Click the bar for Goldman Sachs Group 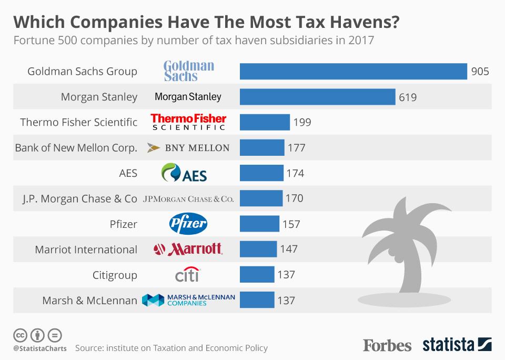click(353, 71)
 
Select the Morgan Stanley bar click(317, 97)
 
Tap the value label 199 click(302, 122)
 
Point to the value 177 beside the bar click(297, 148)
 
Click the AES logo click(184, 173)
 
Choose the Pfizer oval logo click(188, 224)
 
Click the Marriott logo click(188, 249)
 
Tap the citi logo click(187, 275)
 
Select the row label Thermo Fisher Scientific click(79, 122)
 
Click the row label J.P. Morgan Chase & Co click(79, 199)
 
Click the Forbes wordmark click(387, 345)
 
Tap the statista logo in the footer click(457, 345)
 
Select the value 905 click(480, 71)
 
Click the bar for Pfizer click(259, 224)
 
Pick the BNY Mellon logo click(188, 148)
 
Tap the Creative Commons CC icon click(20, 335)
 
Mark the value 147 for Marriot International click(289, 249)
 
